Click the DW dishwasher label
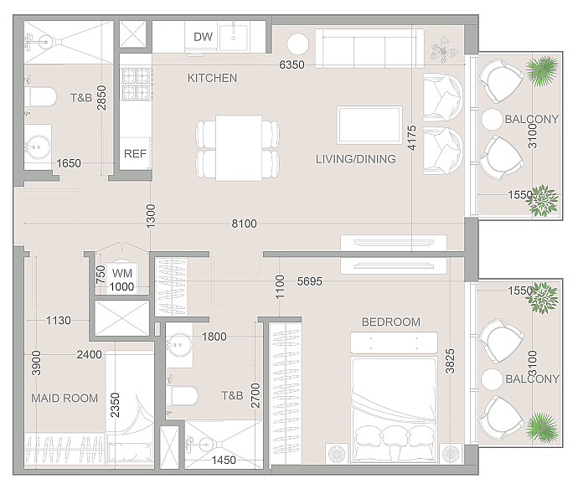click(203, 37)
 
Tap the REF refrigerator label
click(135, 154)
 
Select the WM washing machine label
click(122, 274)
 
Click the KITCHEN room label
click(212, 78)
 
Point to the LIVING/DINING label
click(356, 159)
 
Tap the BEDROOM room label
click(391, 322)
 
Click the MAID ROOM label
click(65, 399)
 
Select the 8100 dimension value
click(244, 224)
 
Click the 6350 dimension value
click(292, 64)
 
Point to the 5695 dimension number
click(310, 281)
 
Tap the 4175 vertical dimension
click(412, 138)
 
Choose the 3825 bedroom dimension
click(450, 362)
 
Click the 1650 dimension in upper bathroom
click(69, 163)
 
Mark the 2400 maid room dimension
click(89, 354)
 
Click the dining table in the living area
click(239, 148)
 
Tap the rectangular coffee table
click(369, 125)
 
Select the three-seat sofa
click(369, 49)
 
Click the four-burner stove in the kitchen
click(136, 84)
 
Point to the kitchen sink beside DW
click(234, 37)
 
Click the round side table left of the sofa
click(297, 44)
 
